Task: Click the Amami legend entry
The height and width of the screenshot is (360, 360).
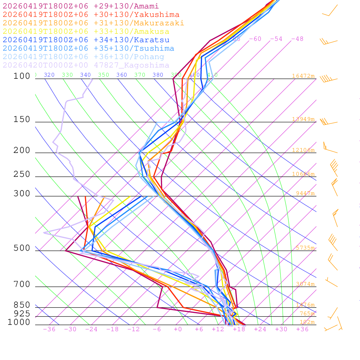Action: [81, 6]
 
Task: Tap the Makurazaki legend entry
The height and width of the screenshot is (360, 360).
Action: [93, 23]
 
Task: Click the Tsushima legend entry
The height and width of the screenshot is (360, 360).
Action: [88, 49]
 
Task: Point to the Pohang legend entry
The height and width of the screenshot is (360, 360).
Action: [83, 57]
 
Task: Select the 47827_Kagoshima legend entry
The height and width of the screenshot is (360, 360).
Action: [86, 65]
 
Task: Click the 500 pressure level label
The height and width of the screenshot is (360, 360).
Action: [22, 248]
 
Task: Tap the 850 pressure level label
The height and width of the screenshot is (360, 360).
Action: [22, 305]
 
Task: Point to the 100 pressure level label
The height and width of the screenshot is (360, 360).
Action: [22, 76]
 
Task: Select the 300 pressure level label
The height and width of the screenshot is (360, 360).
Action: [22, 194]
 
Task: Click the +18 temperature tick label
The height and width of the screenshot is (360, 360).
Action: [239, 329]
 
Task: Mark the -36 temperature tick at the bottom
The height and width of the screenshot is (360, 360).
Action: [49, 329]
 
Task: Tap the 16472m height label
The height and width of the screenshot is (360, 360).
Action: [303, 76]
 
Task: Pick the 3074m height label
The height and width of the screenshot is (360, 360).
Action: [305, 284]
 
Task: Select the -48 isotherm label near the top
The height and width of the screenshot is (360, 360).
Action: [297, 39]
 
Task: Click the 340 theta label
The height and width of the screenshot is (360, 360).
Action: [85, 75]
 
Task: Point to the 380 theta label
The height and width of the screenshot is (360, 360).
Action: [158, 75]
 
